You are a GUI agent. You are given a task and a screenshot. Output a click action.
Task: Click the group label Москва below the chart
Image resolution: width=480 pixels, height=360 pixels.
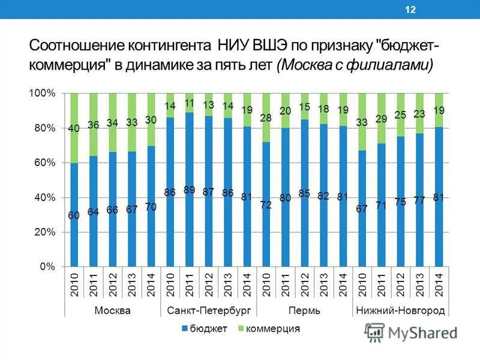click(112, 310)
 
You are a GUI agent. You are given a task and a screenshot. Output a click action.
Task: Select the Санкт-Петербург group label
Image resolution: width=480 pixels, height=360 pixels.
click(208, 310)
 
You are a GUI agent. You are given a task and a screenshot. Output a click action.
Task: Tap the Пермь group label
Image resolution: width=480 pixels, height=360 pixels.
click(304, 310)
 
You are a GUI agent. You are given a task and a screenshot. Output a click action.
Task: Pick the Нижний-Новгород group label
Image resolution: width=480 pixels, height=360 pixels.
click(400, 310)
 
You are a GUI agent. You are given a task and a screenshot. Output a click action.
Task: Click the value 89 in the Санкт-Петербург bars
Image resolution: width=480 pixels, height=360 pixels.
click(189, 190)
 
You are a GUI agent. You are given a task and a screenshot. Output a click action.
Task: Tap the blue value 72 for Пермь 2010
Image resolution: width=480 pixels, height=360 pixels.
click(266, 205)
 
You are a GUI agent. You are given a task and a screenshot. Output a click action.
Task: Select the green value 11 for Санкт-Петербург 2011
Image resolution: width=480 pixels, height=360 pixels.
click(189, 103)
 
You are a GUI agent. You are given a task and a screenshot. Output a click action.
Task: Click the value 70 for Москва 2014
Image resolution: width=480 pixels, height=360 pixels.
click(151, 207)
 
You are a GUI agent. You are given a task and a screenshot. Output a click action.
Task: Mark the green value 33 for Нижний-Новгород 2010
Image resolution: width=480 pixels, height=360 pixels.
click(362, 122)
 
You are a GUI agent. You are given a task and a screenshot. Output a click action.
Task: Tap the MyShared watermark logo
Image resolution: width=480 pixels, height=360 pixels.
click(411, 332)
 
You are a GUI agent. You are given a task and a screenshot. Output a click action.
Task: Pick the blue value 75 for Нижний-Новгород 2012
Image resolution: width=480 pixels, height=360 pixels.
click(400, 202)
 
